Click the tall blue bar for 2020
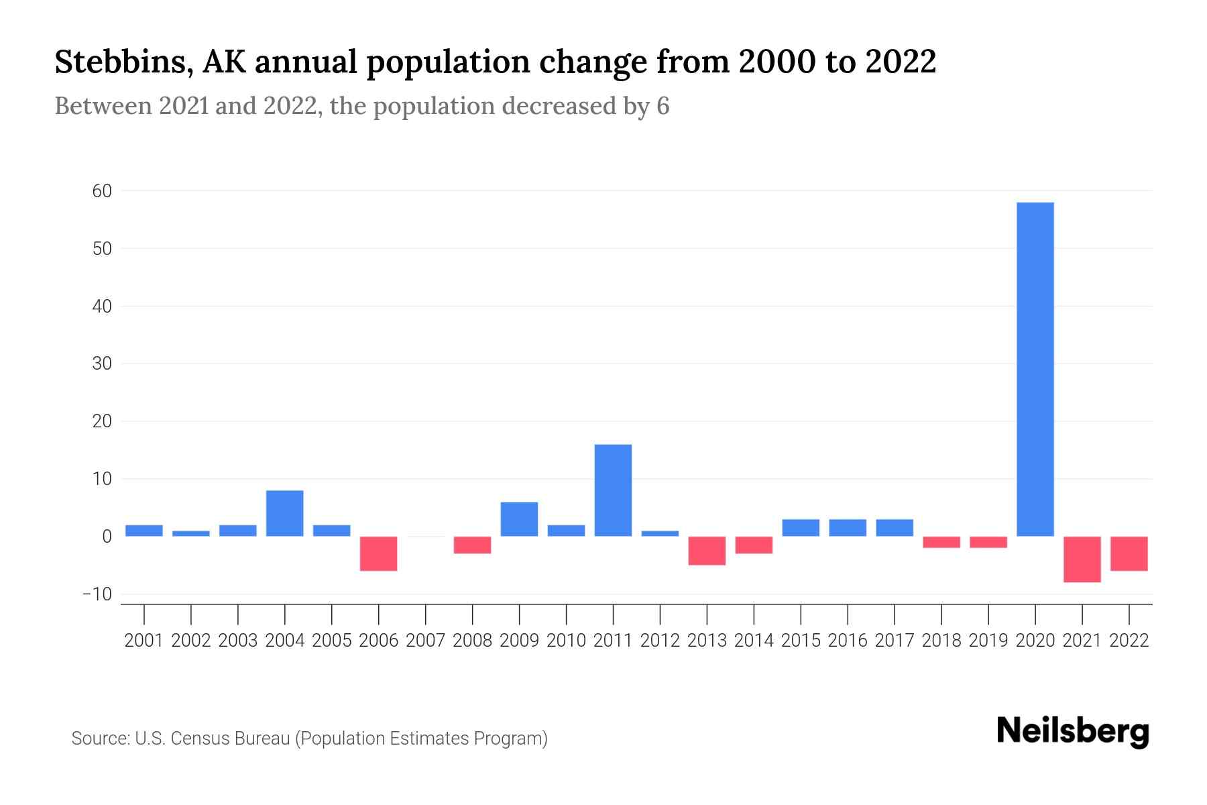coord(1035,369)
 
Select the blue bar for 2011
coord(613,490)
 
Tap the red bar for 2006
coord(379,553)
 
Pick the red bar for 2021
coord(1082,559)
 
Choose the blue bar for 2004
coord(285,513)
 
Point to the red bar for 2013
coord(707,551)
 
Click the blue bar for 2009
coord(520,519)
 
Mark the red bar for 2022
coord(1129,553)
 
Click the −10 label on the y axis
coord(97,594)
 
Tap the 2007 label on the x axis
coord(426,641)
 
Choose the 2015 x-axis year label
coord(801,641)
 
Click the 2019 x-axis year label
coord(988,641)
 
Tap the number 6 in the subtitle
coord(663,107)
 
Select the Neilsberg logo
coord(1073,732)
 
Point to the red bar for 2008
coord(473,545)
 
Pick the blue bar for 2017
coord(895,528)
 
